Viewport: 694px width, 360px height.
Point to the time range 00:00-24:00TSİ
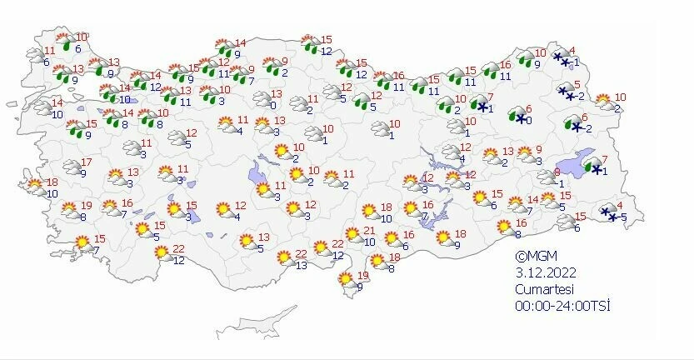click(562, 306)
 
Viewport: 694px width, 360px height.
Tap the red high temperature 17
click(86, 161)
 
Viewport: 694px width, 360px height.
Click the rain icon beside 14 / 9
click(222, 49)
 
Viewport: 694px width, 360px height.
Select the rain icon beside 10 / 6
click(64, 42)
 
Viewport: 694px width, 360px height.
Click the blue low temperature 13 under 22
click(301, 266)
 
